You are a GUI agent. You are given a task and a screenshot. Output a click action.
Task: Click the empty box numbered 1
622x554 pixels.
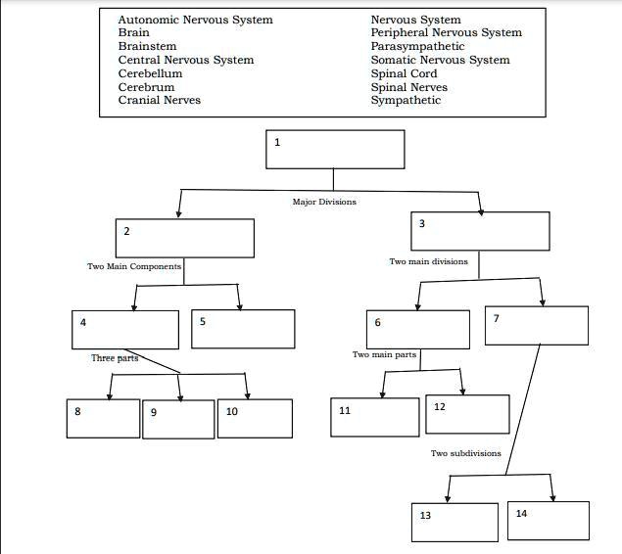click(335, 149)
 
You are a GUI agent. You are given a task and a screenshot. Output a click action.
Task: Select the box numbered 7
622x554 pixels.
click(537, 326)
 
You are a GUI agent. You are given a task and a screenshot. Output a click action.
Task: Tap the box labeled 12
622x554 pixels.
click(467, 414)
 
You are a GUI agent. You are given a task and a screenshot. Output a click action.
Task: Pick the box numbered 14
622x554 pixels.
click(548, 521)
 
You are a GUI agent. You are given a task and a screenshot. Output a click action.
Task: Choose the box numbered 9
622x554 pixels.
click(178, 420)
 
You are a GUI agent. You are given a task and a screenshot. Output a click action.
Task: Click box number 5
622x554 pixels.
click(243, 329)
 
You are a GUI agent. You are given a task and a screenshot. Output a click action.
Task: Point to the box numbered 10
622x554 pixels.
click(255, 418)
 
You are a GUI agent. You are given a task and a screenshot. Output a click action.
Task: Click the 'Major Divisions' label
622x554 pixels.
click(324, 202)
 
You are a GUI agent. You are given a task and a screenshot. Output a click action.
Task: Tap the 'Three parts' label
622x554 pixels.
click(115, 358)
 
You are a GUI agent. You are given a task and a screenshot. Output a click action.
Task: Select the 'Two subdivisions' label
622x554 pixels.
click(465, 453)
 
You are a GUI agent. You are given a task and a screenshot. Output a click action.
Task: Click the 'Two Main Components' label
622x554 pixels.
click(134, 266)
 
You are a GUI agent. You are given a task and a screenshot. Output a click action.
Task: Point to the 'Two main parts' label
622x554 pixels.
click(385, 354)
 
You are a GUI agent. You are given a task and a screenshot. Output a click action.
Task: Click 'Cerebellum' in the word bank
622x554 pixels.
click(150, 73)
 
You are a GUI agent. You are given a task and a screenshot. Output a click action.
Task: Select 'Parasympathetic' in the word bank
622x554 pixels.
click(417, 46)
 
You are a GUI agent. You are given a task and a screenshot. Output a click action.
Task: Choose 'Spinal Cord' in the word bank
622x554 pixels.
click(404, 73)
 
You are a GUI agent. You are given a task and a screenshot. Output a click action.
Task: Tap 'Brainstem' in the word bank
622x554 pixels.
click(147, 46)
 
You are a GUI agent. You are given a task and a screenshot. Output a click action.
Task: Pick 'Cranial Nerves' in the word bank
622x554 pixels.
click(159, 100)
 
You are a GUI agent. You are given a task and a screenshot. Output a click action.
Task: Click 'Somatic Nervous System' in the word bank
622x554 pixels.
click(440, 60)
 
